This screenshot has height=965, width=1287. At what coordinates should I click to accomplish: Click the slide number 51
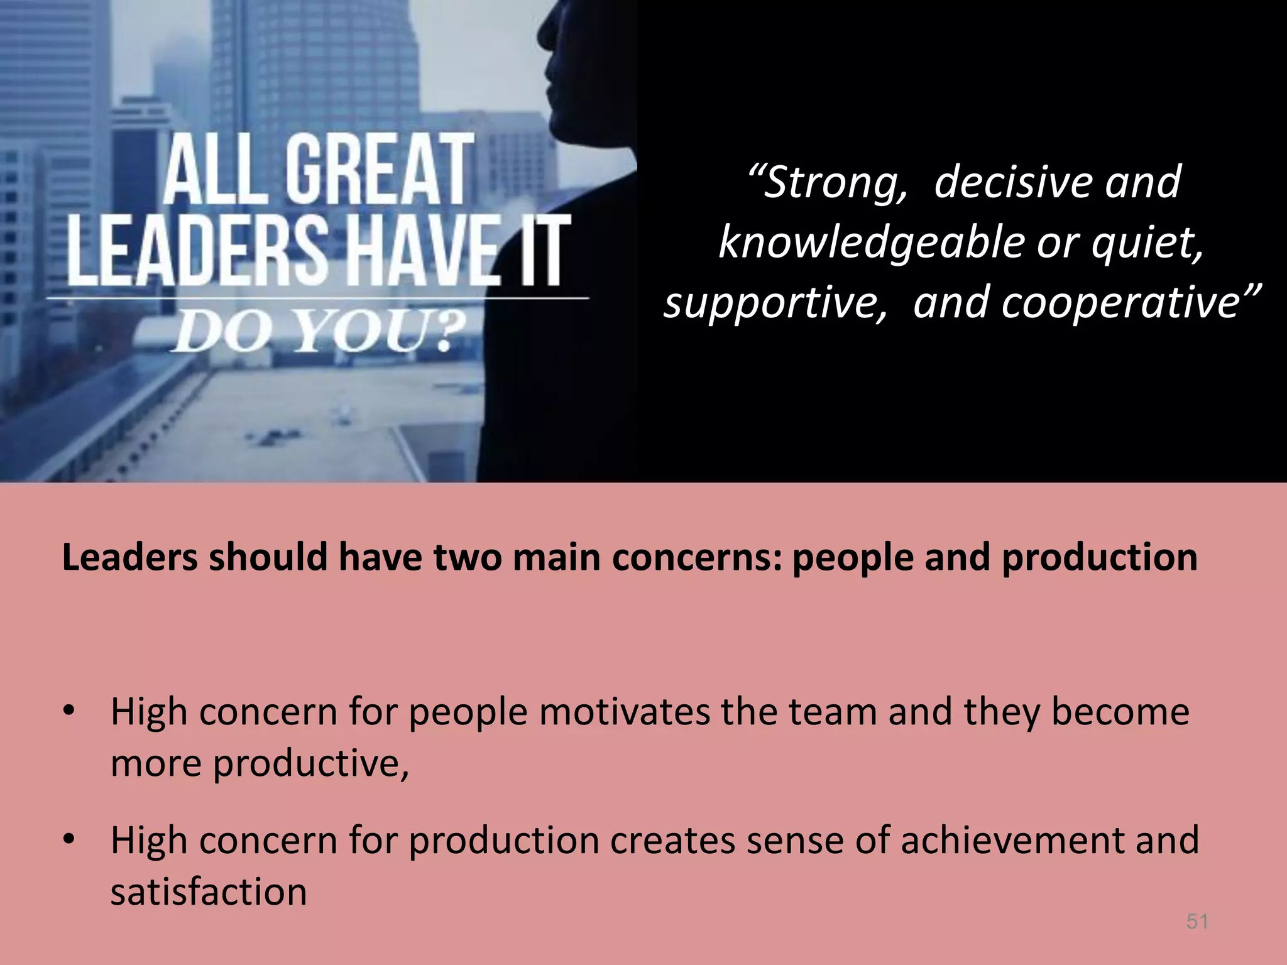[x=1197, y=921]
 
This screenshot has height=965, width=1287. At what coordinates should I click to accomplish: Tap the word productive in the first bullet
[x=310, y=764]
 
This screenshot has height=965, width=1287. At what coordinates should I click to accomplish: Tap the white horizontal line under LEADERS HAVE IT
[x=317, y=297]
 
